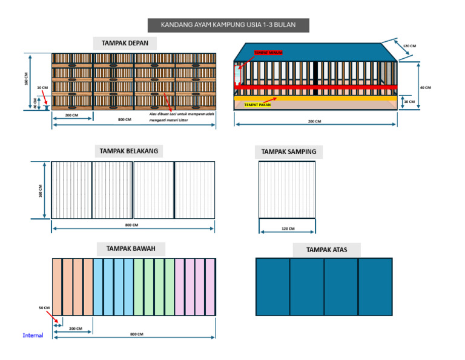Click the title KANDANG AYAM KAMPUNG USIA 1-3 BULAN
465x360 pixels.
click(x=228, y=25)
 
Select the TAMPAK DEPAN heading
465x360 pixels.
click(x=125, y=43)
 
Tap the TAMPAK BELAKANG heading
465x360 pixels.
click(x=132, y=151)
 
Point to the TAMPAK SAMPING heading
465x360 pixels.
click(x=288, y=152)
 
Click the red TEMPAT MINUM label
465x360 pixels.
click(x=268, y=53)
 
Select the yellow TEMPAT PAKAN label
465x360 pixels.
click(x=257, y=105)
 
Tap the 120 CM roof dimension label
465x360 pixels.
click(x=409, y=46)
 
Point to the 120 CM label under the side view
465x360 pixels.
click(x=288, y=228)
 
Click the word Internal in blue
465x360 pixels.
click(x=33, y=335)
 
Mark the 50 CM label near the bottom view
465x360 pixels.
click(x=44, y=308)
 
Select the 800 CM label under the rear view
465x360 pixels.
click(x=131, y=225)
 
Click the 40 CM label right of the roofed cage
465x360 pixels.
click(x=425, y=87)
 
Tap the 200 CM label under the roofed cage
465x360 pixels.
click(x=314, y=121)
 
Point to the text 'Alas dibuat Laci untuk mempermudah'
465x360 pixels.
click(x=181, y=113)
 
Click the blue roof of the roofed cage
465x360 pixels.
click(x=315, y=52)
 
